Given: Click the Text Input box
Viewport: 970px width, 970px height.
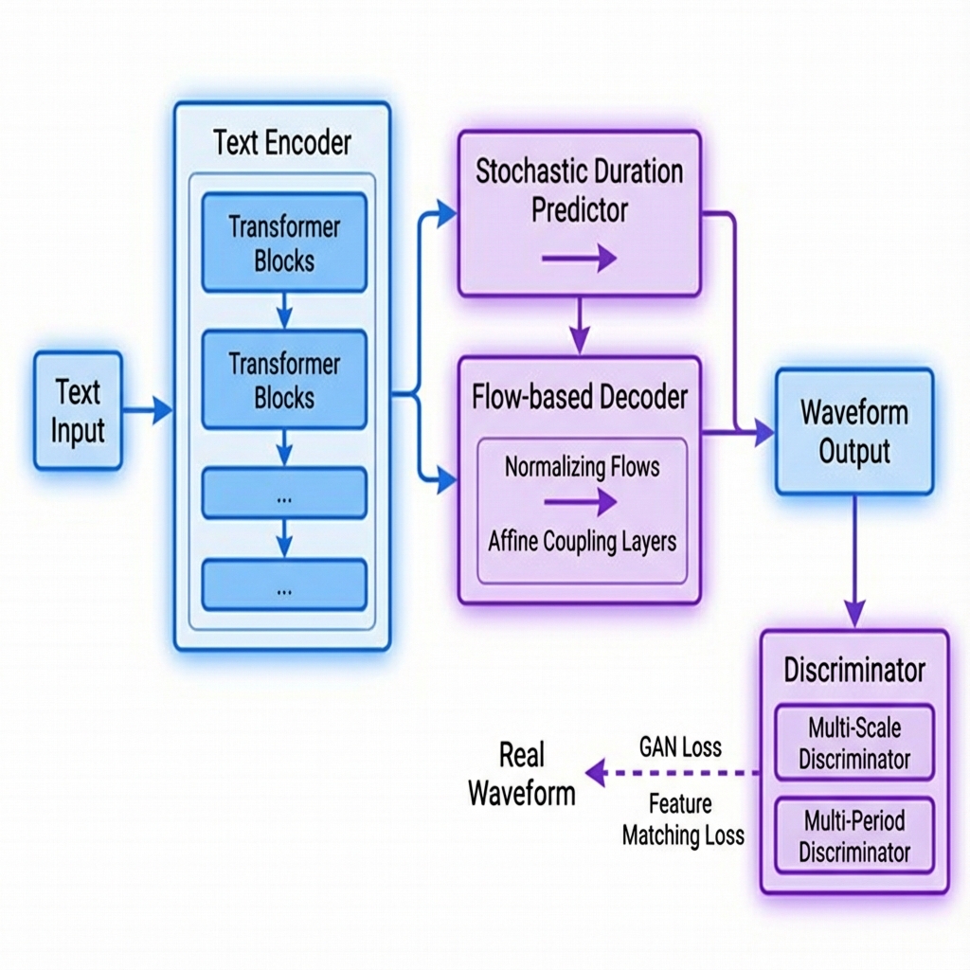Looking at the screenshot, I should point(78,410).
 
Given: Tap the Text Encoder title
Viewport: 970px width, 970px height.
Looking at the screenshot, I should point(282,143).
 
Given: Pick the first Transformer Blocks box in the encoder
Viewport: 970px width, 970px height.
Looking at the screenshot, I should point(284,242).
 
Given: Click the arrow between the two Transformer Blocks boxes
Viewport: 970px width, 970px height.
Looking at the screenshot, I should point(284,310).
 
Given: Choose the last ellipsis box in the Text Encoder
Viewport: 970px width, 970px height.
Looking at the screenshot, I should point(284,584).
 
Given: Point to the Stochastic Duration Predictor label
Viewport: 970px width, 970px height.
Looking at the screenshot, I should point(579,190).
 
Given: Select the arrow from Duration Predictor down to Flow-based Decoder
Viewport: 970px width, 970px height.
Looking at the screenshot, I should point(579,326).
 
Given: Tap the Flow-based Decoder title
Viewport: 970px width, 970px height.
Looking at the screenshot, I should point(579,397).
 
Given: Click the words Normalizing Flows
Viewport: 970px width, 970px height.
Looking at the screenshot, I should point(582,467).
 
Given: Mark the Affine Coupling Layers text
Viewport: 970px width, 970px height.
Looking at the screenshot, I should point(582,542).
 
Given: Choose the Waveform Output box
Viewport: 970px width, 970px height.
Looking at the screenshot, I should point(853,432).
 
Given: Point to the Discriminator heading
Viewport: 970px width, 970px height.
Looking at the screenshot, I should point(853,671).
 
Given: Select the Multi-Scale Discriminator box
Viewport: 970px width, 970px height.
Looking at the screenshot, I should point(853,743).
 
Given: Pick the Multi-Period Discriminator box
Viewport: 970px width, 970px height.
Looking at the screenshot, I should point(853,835).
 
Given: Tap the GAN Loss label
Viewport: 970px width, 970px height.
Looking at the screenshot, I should point(680,746).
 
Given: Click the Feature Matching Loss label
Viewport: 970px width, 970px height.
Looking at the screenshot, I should point(682,820).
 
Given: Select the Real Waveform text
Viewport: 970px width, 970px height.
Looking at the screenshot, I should point(522,774).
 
